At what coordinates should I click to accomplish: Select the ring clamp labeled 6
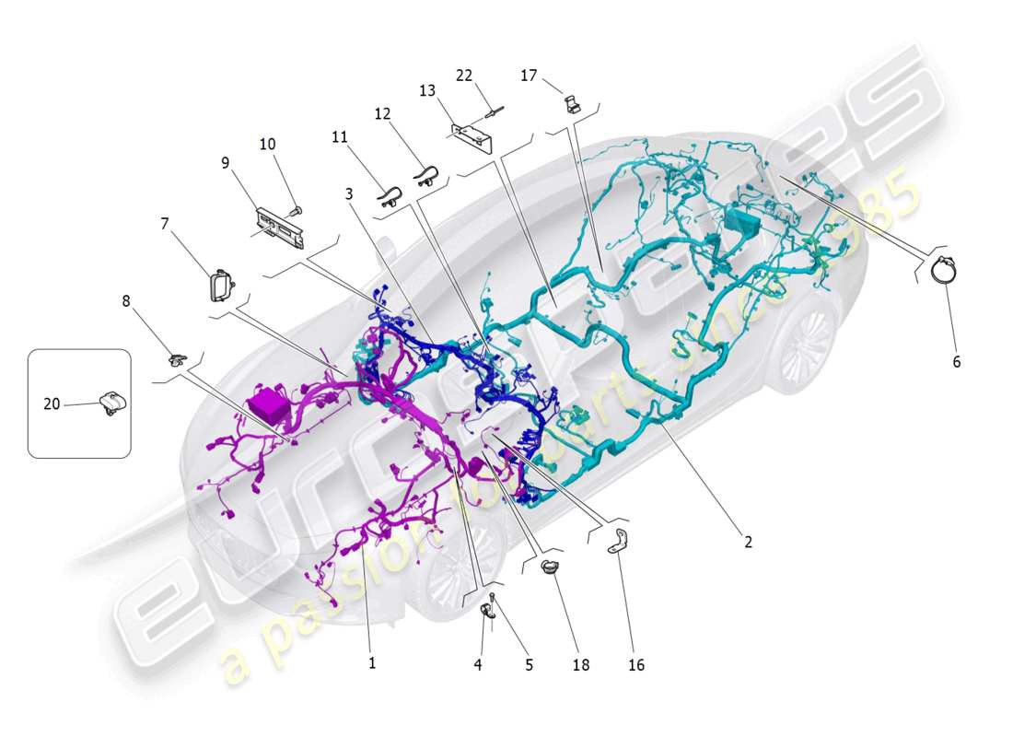click(x=944, y=271)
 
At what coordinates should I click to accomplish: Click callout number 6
click(x=956, y=362)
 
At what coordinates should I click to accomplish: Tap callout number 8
click(x=126, y=300)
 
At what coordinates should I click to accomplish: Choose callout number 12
click(x=382, y=114)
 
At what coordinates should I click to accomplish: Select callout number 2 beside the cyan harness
click(x=748, y=543)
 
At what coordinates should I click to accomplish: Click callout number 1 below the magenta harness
click(x=372, y=662)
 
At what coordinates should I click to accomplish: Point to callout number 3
click(x=349, y=194)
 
